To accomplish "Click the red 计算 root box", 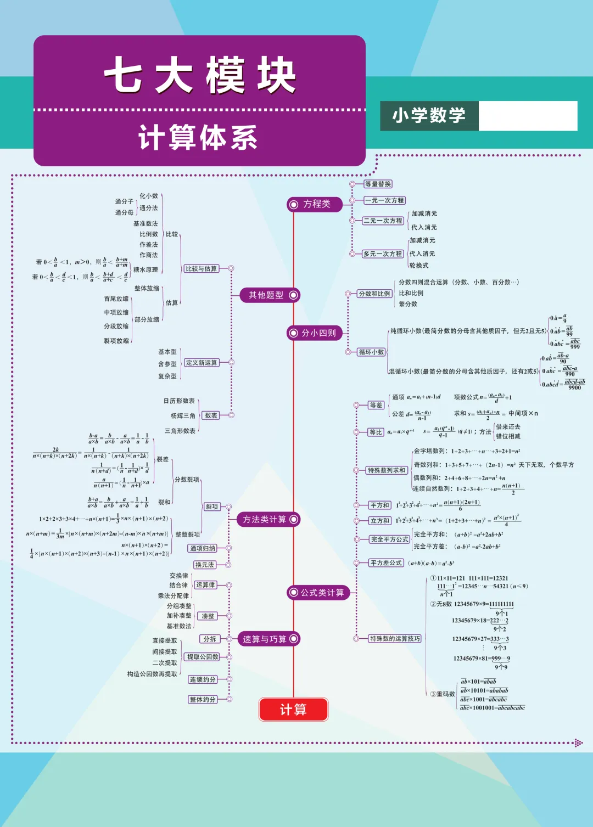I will [293, 710].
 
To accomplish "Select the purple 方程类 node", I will [315, 204].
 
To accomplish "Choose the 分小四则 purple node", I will [315, 333].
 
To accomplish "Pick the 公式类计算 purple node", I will [318, 593].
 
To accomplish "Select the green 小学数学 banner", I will [429, 116].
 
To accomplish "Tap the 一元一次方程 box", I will [385, 200].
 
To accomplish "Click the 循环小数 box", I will [372, 352].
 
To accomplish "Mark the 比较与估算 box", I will [201, 268].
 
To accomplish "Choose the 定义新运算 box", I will [202, 363].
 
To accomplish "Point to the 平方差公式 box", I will [387, 563].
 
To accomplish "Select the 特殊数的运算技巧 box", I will [395, 638].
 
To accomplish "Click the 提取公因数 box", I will [203, 657].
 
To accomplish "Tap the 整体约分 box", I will [203, 699].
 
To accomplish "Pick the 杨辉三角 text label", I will [182, 416].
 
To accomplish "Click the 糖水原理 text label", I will [146, 270].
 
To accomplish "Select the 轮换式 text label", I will [419, 266].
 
